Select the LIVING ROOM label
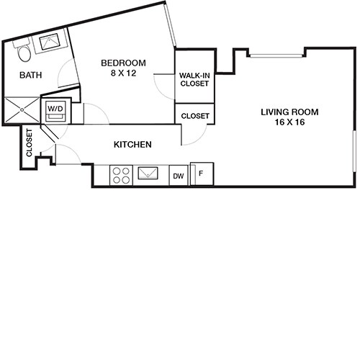pos(289,112)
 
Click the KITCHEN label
pos(132,145)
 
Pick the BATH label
pos(30,75)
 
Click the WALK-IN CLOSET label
pos(194,79)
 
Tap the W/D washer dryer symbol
pos(55,112)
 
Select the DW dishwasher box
pos(178,175)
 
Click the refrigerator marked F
pos(202,174)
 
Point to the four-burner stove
pos(120,175)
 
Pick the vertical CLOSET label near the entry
pos(30,143)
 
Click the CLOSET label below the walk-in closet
pos(194,115)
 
